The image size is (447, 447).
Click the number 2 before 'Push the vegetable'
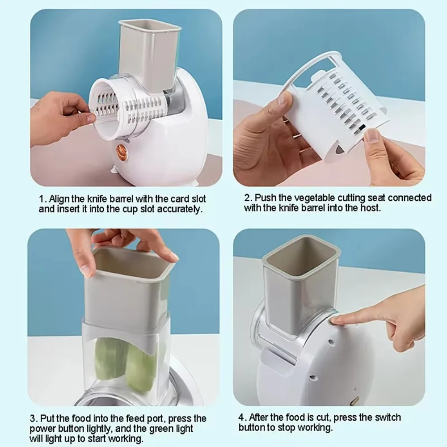tap(247, 198)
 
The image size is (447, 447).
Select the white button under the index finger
tap(332, 320)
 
